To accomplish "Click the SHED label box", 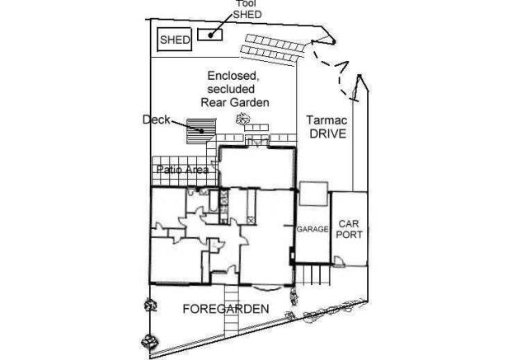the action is point(175,40).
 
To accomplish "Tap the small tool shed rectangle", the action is point(209,35).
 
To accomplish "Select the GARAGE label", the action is point(313,229).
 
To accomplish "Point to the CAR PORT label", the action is point(349,229).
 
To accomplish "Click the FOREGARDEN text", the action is point(226,309).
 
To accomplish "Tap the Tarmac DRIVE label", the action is point(327,127).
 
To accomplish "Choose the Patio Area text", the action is point(182,170).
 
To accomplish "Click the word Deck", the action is point(156,119).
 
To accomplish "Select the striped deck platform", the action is point(201,132).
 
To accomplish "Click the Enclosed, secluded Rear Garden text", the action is point(235,89).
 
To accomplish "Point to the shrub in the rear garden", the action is point(243,119).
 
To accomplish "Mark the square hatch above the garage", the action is point(313,194).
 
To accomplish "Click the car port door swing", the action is point(339,262).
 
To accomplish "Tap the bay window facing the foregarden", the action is point(266,288).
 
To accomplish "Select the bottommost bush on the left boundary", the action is point(149,342).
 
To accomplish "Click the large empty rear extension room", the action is point(257,168).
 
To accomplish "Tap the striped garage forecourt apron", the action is point(313,275).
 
